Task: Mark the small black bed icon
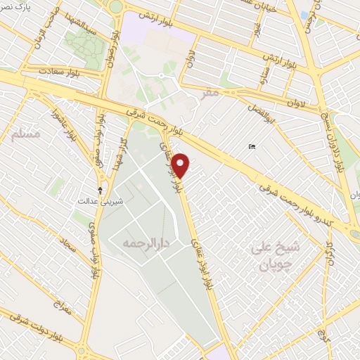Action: [251, 147]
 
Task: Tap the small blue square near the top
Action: [303, 14]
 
